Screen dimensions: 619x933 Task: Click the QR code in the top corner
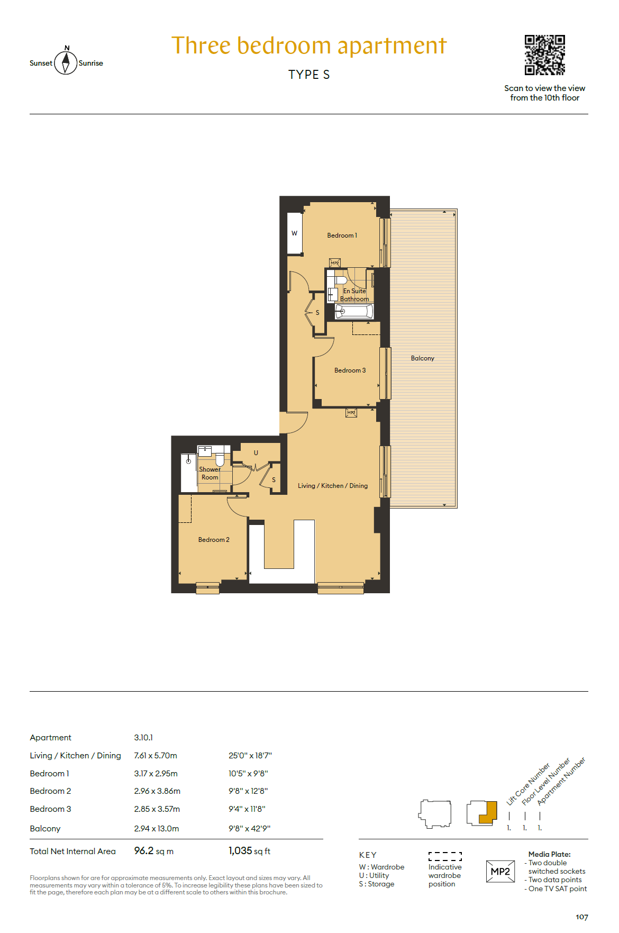(x=544, y=55)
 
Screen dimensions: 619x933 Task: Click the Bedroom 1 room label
(x=342, y=235)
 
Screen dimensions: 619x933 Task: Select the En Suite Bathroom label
(x=354, y=295)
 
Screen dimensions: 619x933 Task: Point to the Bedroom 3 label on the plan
(x=350, y=370)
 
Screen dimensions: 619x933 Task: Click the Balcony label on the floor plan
(x=422, y=358)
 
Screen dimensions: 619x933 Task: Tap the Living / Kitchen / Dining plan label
(x=332, y=486)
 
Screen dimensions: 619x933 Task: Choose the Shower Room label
(x=210, y=473)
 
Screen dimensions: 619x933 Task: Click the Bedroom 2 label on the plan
(x=214, y=540)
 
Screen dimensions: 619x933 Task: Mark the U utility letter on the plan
(x=256, y=453)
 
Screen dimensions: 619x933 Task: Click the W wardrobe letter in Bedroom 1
(x=294, y=233)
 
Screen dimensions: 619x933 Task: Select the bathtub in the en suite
(x=354, y=311)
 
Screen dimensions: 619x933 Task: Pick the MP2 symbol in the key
(x=500, y=872)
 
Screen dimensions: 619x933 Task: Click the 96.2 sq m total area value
(x=153, y=851)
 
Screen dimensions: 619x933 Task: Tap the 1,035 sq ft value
(x=249, y=851)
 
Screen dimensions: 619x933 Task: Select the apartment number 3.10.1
(x=143, y=738)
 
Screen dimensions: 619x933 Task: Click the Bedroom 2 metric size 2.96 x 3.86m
(x=157, y=791)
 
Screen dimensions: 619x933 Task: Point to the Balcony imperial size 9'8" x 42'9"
(x=250, y=829)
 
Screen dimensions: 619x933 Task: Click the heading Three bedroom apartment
(x=309, y=46)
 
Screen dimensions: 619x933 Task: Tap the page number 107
(x=582, y=917)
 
